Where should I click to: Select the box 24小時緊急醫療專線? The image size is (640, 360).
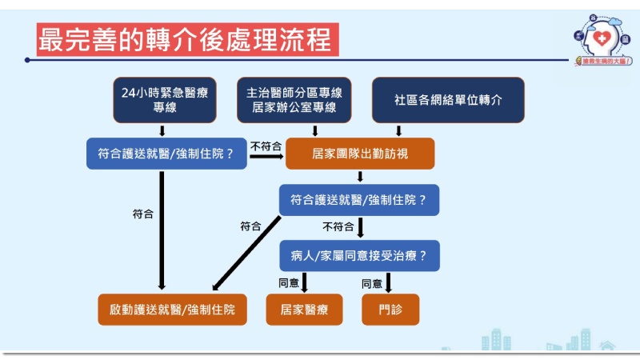pos(165,101)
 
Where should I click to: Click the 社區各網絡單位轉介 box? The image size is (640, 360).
pos(448,101)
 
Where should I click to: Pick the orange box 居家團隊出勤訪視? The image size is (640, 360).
pos(359,154)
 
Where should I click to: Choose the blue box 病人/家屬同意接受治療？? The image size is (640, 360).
pos(359,256)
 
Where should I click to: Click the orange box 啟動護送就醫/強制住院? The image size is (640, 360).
pos(172,309)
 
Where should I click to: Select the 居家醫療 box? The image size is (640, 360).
pos(303,309)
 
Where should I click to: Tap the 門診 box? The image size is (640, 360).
pos(390,309)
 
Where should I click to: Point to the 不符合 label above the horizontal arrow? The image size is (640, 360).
pos(266,146)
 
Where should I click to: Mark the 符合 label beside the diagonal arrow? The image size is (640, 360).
pos(250,226)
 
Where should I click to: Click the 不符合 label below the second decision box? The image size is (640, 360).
pos(338,226)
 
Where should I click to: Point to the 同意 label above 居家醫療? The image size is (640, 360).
pos(289,282)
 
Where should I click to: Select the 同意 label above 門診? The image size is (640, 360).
pos(372,282)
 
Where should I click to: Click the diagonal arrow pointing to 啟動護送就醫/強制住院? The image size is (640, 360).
pos(246,252)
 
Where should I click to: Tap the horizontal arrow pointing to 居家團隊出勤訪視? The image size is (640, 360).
pos(266,156)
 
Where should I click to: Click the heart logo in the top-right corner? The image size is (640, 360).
pos(599,36)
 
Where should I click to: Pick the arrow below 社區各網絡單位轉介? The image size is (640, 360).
pos(399,130)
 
